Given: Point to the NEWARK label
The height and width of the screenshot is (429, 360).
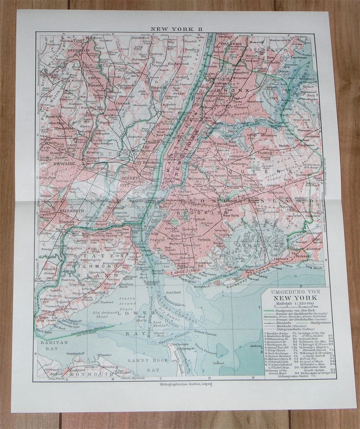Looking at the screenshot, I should click(51, 164).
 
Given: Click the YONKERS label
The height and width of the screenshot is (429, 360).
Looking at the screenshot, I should click(230, 44).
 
